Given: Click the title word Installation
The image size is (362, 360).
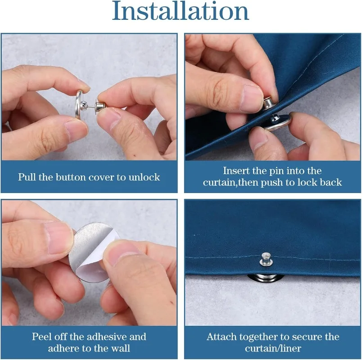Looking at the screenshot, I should click(x=181, y=12).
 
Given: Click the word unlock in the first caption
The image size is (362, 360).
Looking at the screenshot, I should click(x=145, y=177).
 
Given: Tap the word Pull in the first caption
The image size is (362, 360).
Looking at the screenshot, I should click(x=27, y=177).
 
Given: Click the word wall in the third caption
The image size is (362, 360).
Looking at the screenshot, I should click(x=121, y=348).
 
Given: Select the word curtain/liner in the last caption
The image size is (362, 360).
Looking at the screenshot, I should click(x=273, y=348).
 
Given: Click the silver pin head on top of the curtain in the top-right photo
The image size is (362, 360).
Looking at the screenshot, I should click(x=269, y=102).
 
